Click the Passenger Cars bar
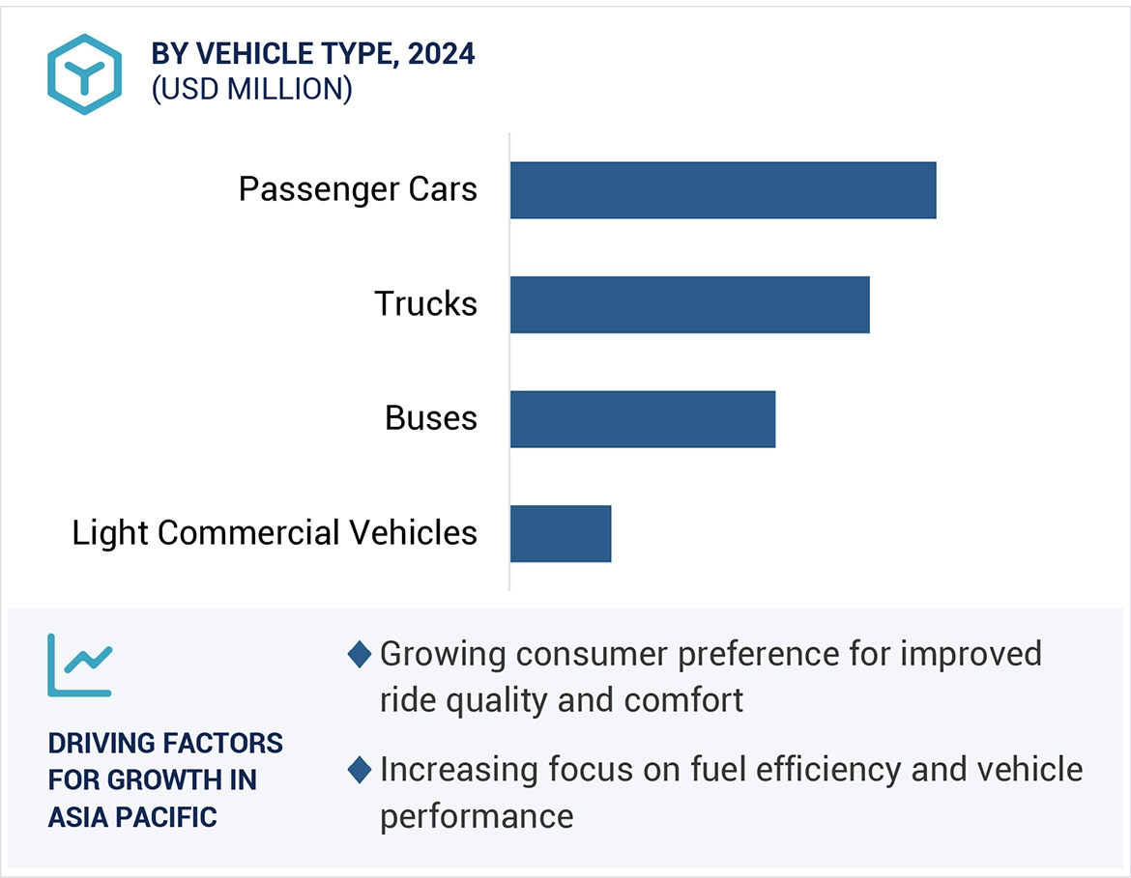coord(723,190)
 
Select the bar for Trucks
coord(689,304)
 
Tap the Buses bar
coord(643,419)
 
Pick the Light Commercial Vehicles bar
coord(561,533)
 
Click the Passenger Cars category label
coord(358,189)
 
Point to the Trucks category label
coord(425,304)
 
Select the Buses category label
coord(431,418)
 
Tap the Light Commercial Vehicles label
coord(275,533)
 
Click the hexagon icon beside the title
coord(85,74)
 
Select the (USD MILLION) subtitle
coord(251,89)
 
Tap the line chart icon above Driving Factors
coord(79,666)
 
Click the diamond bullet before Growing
coord(360,654)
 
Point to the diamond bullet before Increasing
coord(360,770)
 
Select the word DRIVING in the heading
coord(101,744)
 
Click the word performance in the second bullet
coord(477,816)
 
